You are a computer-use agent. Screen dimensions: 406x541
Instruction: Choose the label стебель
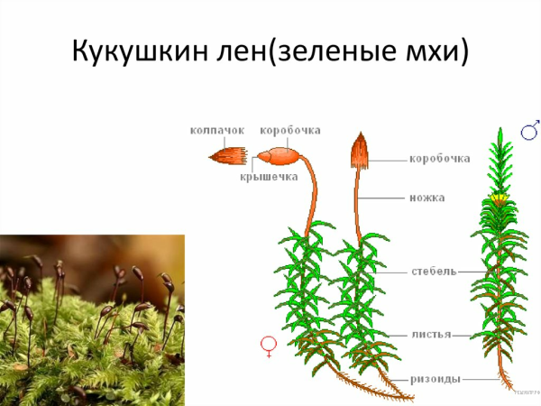434,270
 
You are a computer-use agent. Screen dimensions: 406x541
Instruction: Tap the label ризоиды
434,380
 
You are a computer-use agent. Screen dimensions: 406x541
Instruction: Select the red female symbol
268,344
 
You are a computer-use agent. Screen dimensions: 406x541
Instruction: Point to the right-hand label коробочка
439,159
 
